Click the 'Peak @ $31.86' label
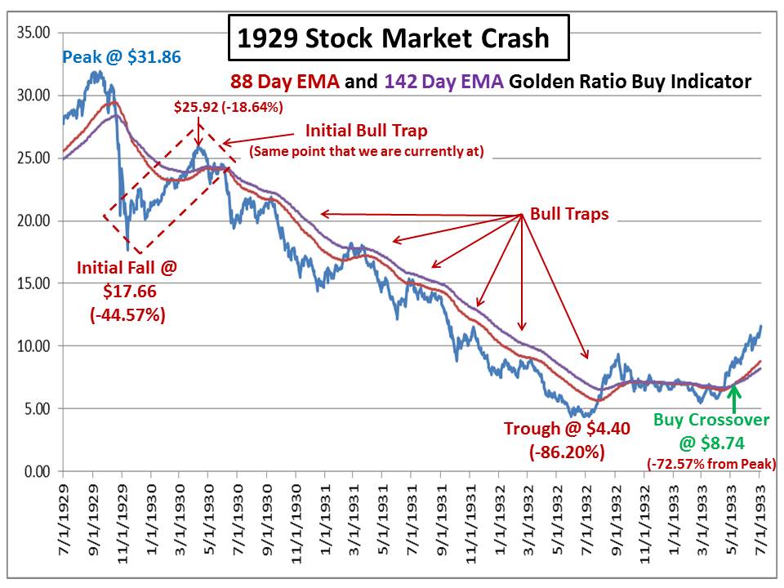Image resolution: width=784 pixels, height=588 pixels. (x=121, y=57)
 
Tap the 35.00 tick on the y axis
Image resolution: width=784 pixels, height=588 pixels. (x=33, y=33)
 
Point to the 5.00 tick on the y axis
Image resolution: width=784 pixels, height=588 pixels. (x=37, y=408)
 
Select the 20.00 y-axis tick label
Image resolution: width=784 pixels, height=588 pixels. (x=33, y=220)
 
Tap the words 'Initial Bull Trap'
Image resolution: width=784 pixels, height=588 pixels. (x=366, y=131)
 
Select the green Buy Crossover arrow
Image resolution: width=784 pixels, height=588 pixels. (x=734, y=398)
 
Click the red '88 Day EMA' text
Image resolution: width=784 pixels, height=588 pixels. (x=278, y=82)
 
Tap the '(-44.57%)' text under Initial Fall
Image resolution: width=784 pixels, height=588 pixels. (x=127, y=313)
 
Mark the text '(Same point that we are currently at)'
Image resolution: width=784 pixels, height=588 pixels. (x=366, y=150)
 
